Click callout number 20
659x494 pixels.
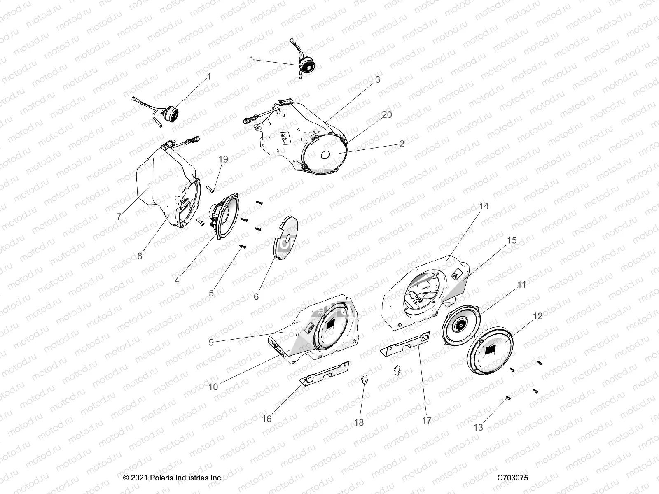point(387,115)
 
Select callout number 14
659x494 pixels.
point(484,206)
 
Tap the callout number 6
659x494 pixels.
point(256,296)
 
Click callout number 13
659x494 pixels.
point(478,428)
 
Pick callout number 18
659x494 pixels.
point(359,423)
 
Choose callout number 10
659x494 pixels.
point(213,387)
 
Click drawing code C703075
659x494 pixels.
point(512,478)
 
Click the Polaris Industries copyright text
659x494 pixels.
point(173,478)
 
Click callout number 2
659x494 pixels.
point(402,144)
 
